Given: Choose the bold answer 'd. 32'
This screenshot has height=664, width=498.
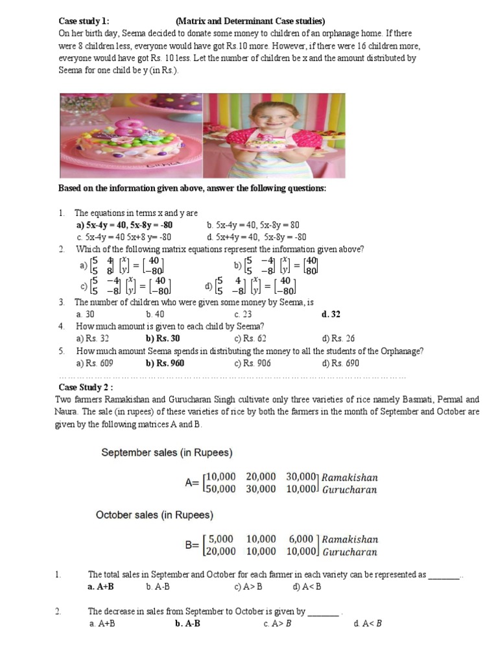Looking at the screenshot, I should pos(331,314).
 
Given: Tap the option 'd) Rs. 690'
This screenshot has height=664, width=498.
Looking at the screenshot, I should pos(340,363).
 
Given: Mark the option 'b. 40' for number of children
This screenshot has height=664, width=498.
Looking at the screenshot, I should pos(155,314).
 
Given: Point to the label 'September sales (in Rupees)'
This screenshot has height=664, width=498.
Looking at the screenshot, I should pos(167,452).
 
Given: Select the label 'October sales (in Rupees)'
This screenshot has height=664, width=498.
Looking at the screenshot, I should pos(155,515).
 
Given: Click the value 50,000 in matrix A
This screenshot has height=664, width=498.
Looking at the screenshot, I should pos(220,489).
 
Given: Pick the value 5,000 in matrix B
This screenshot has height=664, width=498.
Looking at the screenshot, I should pos(221,539).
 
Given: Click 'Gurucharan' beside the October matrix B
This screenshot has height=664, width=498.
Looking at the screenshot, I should pos(350,552).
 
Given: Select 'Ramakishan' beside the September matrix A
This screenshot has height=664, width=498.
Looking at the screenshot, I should pos(350,477).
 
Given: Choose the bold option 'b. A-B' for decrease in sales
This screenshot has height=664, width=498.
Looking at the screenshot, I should pos(187,624).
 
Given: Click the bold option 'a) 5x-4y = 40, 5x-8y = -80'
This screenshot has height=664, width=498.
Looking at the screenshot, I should pos(124,225).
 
